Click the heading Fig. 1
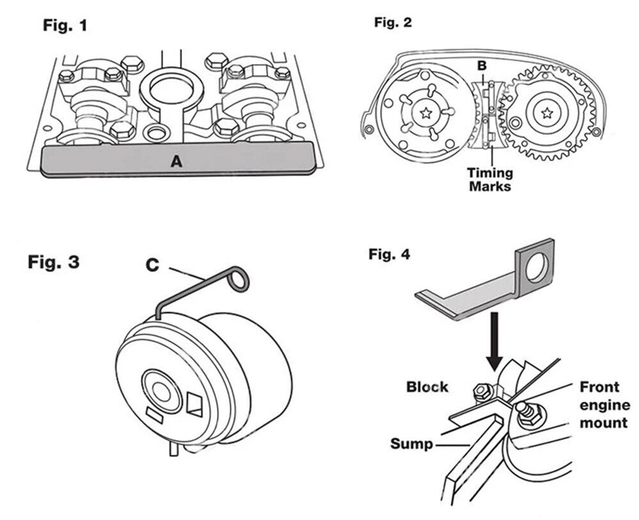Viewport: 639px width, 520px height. point(65,26)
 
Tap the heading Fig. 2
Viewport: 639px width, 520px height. point(393,22)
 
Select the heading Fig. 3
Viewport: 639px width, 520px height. point(54,262)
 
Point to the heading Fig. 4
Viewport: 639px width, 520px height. point(389,255)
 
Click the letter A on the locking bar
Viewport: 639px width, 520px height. point(176,162)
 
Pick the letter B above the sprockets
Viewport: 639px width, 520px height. point(483,65)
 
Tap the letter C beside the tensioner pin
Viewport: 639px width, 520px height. point(151,264)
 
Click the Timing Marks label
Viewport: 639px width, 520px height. point(490,180)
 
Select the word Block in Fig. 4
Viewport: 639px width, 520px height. point(427,387)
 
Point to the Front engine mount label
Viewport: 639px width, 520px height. point(604,405)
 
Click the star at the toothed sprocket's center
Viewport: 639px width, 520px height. point(547,113)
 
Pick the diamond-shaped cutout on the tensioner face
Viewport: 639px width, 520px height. point(194,404)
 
